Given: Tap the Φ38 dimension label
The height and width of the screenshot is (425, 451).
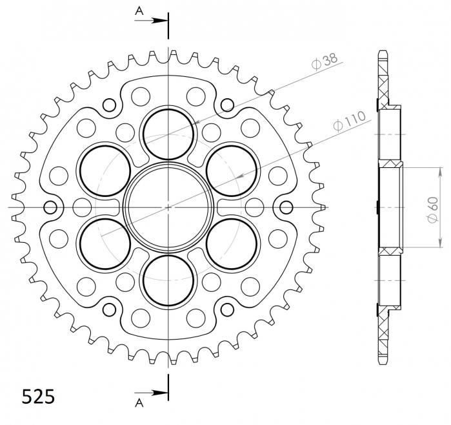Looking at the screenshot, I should tap(323, 62).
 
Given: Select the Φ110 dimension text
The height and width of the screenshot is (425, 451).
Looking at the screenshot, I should tap(350, 121).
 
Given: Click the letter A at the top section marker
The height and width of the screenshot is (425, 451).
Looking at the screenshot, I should tap(139, 10).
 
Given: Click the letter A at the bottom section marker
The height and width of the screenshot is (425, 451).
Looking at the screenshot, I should tap(139, 404).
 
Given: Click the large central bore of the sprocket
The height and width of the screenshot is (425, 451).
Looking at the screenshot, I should tap(168, 207).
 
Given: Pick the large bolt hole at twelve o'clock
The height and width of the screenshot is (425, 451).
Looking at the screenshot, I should tap(168, 132).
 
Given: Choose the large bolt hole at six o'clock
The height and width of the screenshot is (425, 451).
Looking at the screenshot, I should tap(168, 280).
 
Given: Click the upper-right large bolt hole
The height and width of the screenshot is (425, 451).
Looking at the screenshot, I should tap(232, 170).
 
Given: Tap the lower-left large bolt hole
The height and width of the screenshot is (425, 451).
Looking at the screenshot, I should tap(104, 244).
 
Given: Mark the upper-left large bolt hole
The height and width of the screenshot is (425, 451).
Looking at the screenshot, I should tap(104, 170).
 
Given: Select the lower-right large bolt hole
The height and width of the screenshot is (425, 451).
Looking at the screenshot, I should tap(232, 244).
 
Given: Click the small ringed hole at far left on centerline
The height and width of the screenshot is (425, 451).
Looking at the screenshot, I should tap(50, 207).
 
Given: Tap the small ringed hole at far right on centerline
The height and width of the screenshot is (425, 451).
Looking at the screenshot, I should tap(286, 207).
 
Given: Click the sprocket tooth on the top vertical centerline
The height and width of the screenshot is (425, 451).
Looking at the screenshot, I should tap(168, 53).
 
